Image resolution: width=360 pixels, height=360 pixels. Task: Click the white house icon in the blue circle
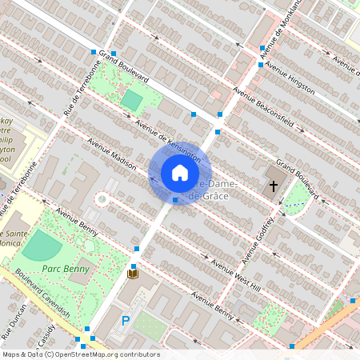coord(180,174)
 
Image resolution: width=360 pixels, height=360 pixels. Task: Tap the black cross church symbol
coord(273,186)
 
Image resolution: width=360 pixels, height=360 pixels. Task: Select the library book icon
coord(133,274)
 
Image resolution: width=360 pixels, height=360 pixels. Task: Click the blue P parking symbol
coord(125,321)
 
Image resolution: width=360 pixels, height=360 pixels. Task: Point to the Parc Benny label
coord(66,270)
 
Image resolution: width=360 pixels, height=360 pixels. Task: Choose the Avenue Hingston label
coord(290,78)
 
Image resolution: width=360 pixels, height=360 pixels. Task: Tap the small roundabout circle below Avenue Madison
coord(102,198)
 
